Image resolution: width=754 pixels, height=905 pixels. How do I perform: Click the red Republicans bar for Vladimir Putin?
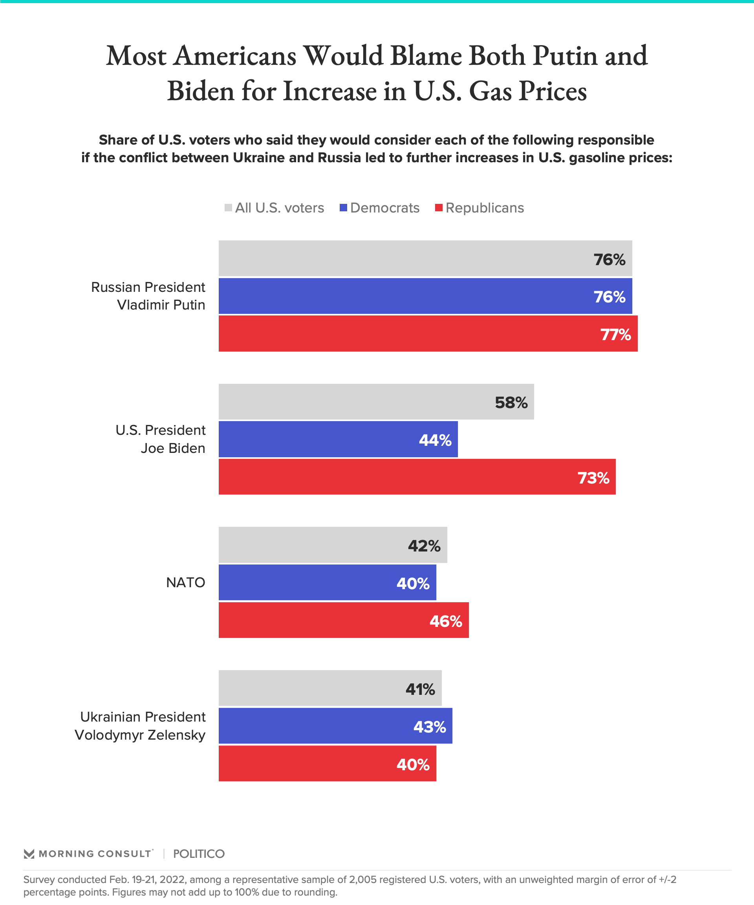tap(428, 333)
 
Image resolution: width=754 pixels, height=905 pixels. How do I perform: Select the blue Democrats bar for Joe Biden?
tap(338, 439)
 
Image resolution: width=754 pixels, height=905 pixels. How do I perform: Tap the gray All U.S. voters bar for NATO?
tap(333, 545)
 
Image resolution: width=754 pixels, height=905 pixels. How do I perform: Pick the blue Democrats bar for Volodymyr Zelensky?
tap(335, 726)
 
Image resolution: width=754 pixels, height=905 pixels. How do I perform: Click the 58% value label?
tap(511, 403)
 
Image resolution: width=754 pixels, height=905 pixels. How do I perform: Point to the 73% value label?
tap(593, 478)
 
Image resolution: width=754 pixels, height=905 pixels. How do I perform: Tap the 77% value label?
tap(615, 334)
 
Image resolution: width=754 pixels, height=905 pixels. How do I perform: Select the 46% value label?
tap(445, 621)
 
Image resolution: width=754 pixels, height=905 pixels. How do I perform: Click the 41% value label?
tap(420, 689)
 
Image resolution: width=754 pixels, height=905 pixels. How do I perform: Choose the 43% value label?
tap(430, 727)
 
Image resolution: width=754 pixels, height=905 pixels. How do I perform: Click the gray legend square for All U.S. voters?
tap(228, 208)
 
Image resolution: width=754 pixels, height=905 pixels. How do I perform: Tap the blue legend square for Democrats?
tap(343, 208)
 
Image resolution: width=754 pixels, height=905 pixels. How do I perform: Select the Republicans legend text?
tap(485, 208)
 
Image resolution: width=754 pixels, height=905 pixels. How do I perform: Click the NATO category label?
tap(186, 583)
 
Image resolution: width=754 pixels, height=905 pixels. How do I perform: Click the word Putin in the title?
tap(565, 56)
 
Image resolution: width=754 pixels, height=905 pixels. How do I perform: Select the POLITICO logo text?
tap(199, 854)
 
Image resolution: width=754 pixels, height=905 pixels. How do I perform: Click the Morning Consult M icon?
tap(29, 854)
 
